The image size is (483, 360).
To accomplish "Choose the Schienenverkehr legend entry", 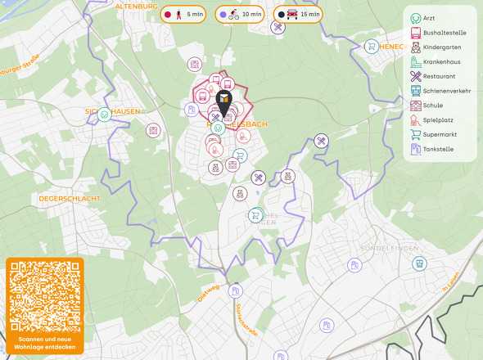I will pos(442,91).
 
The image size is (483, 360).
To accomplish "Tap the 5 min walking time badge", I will pos(183,14).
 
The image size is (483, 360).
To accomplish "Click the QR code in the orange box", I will pos(45,295).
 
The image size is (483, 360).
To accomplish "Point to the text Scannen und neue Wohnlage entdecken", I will pos(45,342).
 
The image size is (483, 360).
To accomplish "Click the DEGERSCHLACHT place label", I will pos(70,198).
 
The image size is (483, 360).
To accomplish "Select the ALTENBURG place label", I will pos(136,6).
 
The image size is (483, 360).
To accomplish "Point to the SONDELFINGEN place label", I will pos(389,247).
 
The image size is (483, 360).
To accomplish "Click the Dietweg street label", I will pos(209,292).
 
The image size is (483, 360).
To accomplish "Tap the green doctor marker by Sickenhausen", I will pos(105,115).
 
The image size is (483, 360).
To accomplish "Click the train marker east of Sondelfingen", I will pos(419,263).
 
